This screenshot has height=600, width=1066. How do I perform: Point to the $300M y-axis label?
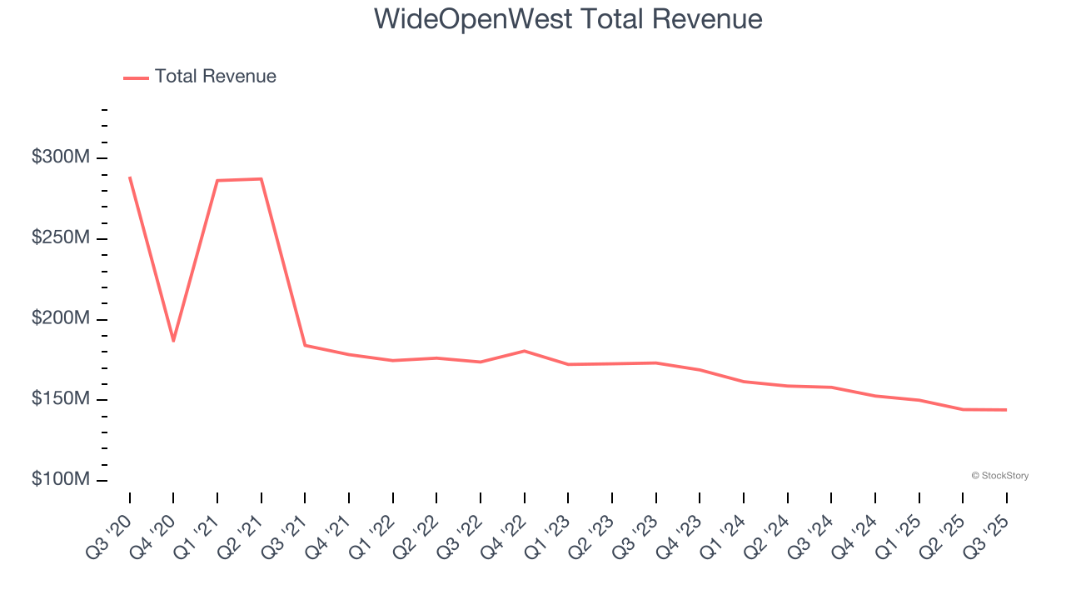point(59,157)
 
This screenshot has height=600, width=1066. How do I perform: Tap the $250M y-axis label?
point(59,238)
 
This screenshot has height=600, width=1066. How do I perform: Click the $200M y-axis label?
point(59,319)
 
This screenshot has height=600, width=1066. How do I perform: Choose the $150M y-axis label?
point(59,399)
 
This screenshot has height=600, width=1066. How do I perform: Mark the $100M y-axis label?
point(59,480)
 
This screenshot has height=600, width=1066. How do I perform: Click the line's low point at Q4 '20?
point(173,341)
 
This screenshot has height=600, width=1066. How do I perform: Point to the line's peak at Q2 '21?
point(262,179)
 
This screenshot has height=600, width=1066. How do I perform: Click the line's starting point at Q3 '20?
point(130,177)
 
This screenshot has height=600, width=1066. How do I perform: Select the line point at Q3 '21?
point(305,345)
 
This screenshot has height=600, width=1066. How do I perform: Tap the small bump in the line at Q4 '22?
point(525,351)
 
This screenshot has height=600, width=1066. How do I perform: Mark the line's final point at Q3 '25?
point(1006,410)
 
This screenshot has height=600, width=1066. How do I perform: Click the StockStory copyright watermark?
point(999,476)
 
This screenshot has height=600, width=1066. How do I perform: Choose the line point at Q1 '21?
point(217,181)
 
